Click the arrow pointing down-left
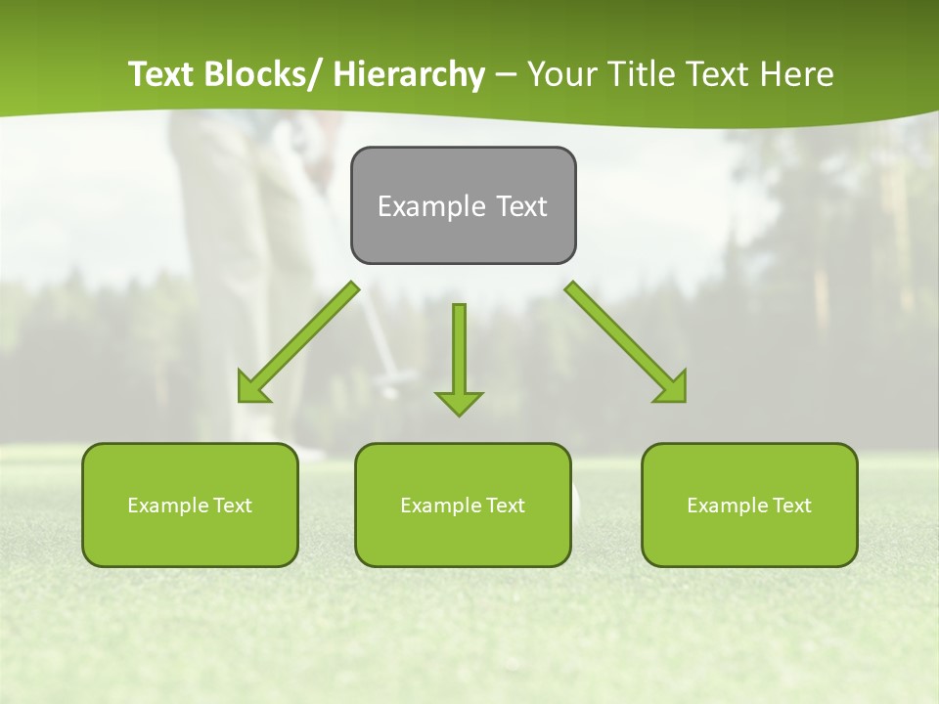tap(298, 342)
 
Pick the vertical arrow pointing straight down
tap(459, 357)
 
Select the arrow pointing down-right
tap(626, 342)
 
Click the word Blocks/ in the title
tap(261, 74)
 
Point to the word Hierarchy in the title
tap(409, 74)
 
